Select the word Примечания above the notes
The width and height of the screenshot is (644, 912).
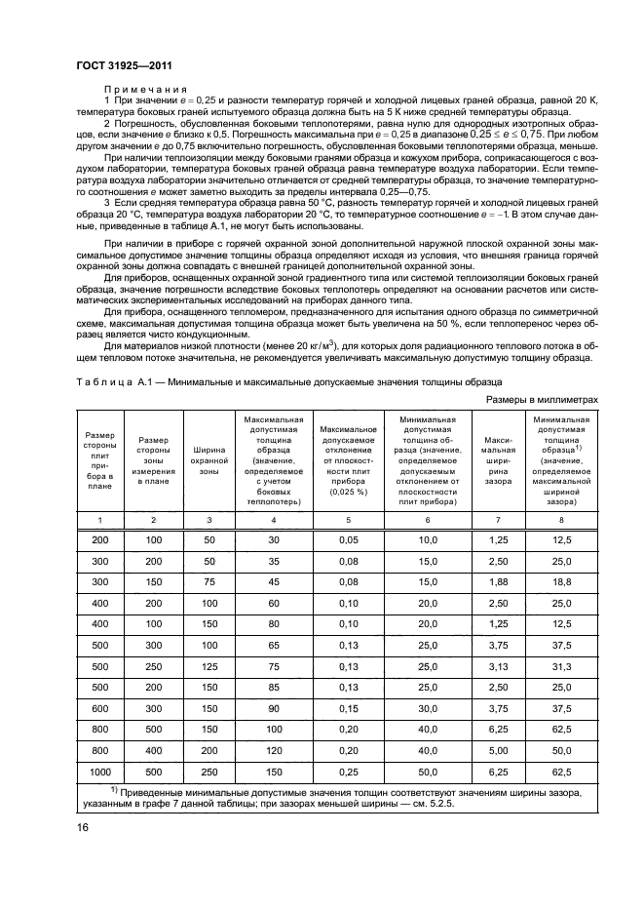pyautogui.click(x=144, y=88)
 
